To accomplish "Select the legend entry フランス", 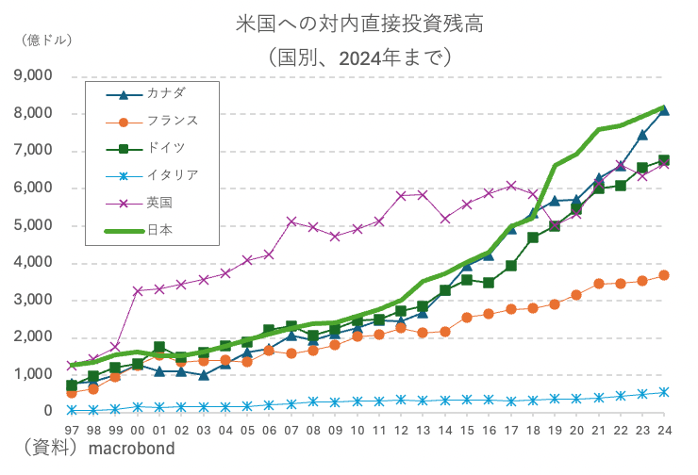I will (x=171, y=121).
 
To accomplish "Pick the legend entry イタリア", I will (x=171, y=175).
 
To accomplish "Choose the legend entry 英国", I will (x=159, y=202).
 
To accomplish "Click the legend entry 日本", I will (x=159, y=229).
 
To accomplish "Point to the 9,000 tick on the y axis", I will (x=33, y=76).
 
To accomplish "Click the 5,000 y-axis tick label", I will (x=33, y=225).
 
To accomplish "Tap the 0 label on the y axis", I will (x=47, y=412).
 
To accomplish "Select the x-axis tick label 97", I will (x=72, y=430).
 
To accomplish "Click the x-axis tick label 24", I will (x=664, y=430).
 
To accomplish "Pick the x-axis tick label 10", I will (x=357, y=430).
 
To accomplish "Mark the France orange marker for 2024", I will (x=664, y=275).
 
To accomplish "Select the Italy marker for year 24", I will (x=664, y=392).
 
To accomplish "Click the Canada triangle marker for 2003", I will (x=203, y=375).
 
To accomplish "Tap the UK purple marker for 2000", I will (x=138, y=291).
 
